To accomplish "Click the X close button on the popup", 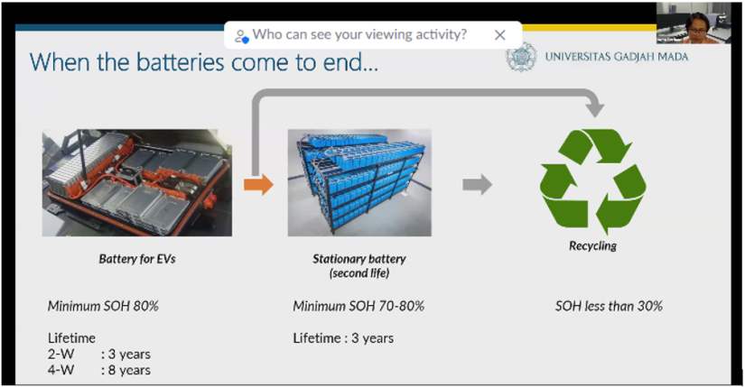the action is point(499,35).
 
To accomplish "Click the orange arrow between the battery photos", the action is point(259,184).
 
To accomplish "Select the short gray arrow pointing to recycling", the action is point(478,184).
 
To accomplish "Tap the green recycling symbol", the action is point(593,181).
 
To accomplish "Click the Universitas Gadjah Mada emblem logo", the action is point(521,57).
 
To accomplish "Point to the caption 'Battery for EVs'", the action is point(137,259).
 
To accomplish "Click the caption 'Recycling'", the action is point(593,246).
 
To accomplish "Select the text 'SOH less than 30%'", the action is point(610,307).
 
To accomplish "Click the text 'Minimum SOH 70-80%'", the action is point(359,307).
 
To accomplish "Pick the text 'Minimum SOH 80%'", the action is point(103,307).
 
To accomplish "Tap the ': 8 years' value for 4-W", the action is point(126,371).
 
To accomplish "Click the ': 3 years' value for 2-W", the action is point(126,355).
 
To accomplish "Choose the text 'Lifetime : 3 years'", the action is point(343,338).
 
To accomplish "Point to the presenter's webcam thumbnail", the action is point(694,23).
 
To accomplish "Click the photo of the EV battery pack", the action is point(137,183).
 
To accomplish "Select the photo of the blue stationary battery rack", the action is point(359,183).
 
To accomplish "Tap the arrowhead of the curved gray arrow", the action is point(594,109).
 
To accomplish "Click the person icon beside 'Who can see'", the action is point(241,36).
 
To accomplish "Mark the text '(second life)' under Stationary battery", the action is point(359,273).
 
